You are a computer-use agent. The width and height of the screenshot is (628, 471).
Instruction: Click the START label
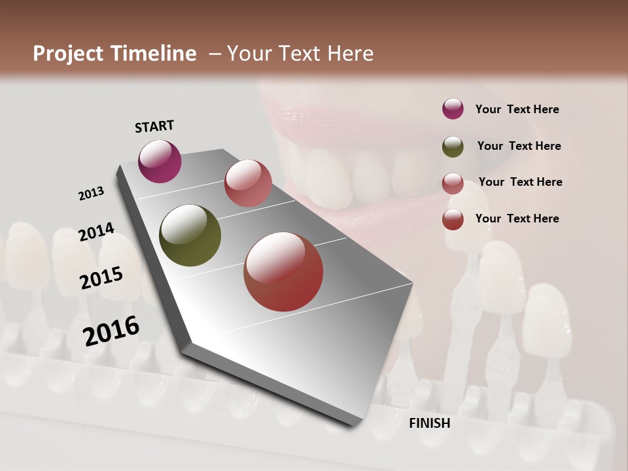pyautogui.click(x=154, y=126)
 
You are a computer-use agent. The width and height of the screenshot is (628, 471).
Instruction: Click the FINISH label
pyautogui.click(x=429, y=423)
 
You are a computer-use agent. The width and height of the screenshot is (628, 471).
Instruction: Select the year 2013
pyautogui.click(x=92, y=194)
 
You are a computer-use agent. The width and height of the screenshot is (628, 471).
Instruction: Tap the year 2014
pyautogui.click(x=97, y=232)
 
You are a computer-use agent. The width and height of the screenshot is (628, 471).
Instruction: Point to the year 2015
pyautogui.click(x=101, y=278)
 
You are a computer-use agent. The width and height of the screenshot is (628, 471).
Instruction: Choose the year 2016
pyautogui.click(x=111, y=331)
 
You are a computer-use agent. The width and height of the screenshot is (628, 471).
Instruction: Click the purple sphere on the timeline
pyautogui.click(x=160, y=161)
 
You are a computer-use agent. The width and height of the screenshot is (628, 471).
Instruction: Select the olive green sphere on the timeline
pyautogui.click(x=190, y=235)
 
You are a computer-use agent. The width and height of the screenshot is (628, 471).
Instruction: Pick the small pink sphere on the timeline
pyautogui.click(x=248, y=183)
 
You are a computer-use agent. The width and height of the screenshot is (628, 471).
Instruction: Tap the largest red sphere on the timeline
pyautogui.click(x=283, y=271)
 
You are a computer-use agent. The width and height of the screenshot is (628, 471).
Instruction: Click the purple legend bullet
pyautogui.click(x=453, y=109)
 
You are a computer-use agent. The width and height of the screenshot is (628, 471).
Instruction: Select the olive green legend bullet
pyautogui.click(x=453, y=147)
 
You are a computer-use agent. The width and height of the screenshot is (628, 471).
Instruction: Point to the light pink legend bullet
pyautogui.click(x=453, y=183)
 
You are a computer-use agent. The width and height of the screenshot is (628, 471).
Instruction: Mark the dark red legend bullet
pyautogui.click(x=453, y=219)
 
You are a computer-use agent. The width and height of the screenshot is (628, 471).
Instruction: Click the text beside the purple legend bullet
pyautogui.click(x=517, y=109)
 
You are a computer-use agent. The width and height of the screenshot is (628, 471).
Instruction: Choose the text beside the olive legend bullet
pyautogui.click(x=519, y=146)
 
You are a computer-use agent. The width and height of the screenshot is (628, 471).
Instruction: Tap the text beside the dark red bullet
pyautogui.click(x=517, y=218)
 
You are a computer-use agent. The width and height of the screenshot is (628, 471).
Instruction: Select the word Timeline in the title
pyautogui.click(x=154, y=54)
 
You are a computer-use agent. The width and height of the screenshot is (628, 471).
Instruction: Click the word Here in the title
pyautogui.click(x=349, y=54)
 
